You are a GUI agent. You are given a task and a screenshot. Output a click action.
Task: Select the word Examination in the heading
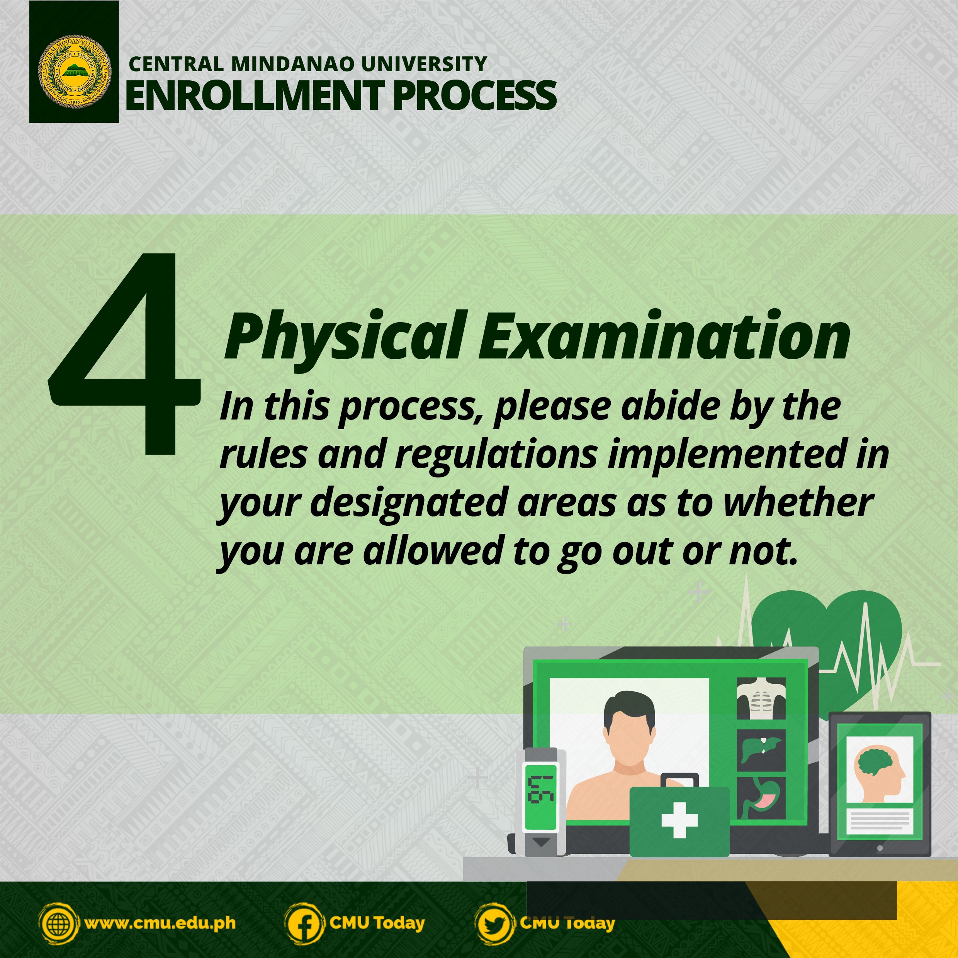tap(664, 334)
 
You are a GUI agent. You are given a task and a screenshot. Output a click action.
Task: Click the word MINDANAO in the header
tap(292, 64)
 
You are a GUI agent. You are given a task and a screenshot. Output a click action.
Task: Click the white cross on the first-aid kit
tap(679, 820)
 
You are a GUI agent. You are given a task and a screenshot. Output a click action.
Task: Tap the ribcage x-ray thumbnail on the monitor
tap(761, 698)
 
